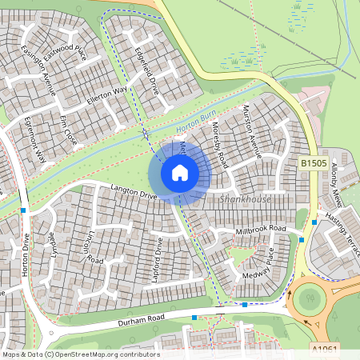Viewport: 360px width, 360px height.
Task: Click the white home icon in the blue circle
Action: [x=180, y=173]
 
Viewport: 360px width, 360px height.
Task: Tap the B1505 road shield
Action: [x=313, y=163]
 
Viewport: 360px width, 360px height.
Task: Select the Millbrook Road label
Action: [x=261, y=229]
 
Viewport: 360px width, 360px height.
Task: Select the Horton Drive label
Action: [x=26, y=254]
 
